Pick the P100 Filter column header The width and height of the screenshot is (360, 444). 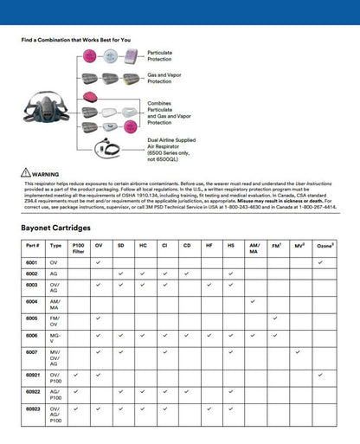pyautogui.click(x=78, y=248)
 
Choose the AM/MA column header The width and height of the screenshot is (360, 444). pyautogui.click(x=254, y=248)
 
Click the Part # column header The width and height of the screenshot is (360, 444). pyautogui.click(x=31, y=246)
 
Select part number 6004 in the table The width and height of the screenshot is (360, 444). pyautogui.click(x=31, y=301)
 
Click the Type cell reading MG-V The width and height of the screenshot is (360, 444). pyautogui.click(x=55, y=337)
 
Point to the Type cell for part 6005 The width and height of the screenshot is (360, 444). pyautogui.click(x=55, y=320)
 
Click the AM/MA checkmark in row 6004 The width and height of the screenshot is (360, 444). pyautogui.click(x=253, y=301)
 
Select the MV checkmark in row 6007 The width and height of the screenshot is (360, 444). pyautogui.click(x=299, y=351)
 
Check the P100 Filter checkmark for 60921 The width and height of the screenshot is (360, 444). pyautogui.click(x=77, y=374)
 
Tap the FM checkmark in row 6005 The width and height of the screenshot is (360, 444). pyautogui.click(x=275, y=318)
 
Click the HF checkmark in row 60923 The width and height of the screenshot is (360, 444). pyautogui.click(x=209, y=408)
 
